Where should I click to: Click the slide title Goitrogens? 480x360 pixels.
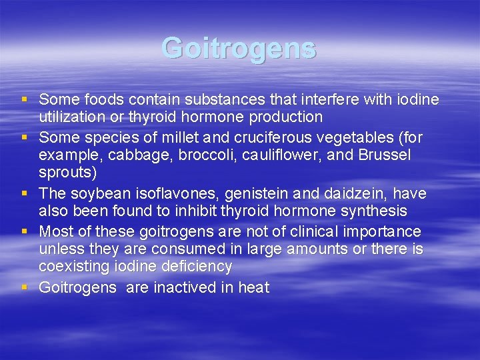tap(239, 49)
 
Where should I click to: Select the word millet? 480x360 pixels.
tap(193, 137)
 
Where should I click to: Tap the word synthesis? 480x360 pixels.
tap(375, 211)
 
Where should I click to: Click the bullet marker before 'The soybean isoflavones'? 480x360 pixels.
tap(24, 193)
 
